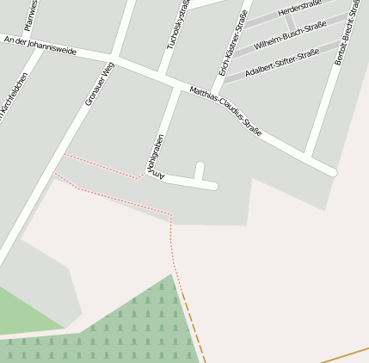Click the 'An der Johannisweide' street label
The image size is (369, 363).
coord(40,46)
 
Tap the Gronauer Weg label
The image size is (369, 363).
coord(99,84)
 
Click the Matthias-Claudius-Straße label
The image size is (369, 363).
coord(224,111)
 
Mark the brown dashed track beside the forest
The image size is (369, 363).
coord(193,323)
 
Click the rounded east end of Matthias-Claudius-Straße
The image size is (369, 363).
coord(330,171)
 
